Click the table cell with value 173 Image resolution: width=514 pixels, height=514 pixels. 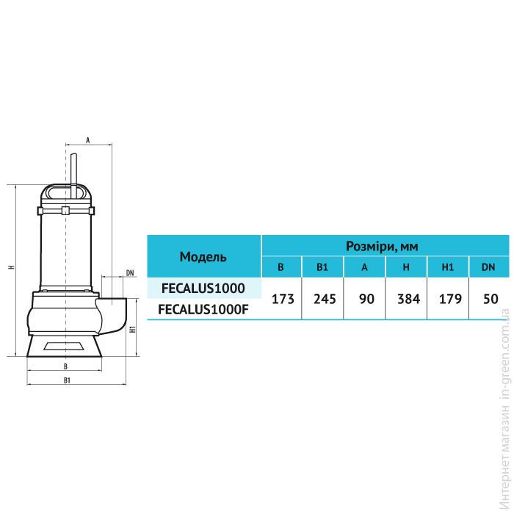pos(283,299)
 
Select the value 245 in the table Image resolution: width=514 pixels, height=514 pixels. pos(325,299)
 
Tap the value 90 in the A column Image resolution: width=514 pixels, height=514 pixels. pos(366,299)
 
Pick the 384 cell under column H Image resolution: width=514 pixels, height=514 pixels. pos(408,299)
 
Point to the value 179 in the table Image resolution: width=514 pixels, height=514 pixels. pos(450,299)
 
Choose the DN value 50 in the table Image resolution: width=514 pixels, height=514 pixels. pos(491,299)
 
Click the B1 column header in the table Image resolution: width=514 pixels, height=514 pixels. pos(322,267)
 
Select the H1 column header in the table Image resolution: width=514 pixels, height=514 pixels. pos(447,267)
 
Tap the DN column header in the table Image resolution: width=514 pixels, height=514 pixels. pos(488,267)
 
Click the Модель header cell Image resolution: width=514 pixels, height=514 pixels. pos(203,257)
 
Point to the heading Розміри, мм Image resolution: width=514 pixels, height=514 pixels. pos(382,246)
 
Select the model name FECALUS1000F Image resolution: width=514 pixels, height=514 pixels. pos(203,309)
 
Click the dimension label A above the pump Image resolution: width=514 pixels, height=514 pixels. pos(88,140)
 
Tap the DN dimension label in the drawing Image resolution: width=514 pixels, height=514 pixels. pos(130,272)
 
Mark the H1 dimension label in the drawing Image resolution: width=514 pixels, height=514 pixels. pos(133,329)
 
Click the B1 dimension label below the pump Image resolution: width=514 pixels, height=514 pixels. pos(67,380)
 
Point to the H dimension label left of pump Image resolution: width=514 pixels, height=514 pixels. pos(12,267)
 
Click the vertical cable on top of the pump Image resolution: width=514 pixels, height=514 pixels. pos(74,176)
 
